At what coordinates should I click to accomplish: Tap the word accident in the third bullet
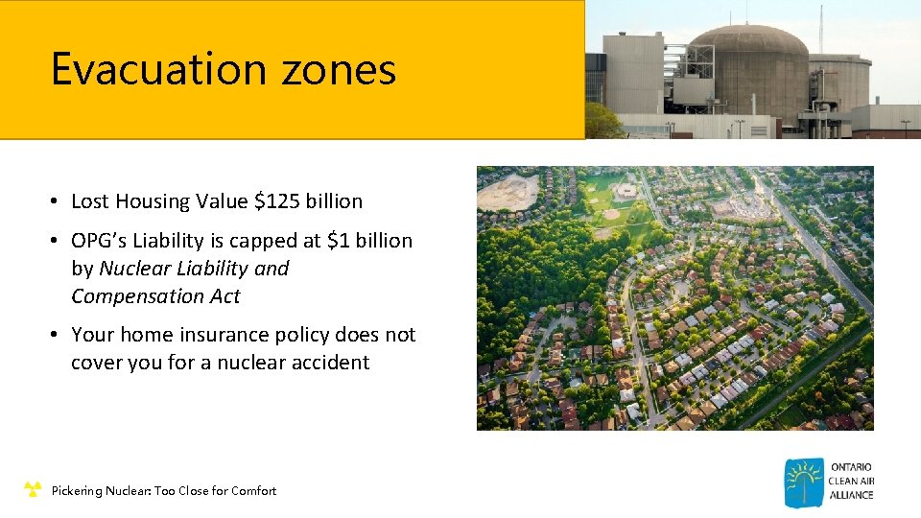(x=330, y=363)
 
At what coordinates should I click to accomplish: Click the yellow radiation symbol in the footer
(x=33, y=490)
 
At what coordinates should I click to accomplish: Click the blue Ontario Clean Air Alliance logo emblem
(x=803, y=483)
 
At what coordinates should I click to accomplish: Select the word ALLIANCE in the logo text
(x=850, y=495)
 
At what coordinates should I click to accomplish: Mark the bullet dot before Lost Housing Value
(x=58, y=201)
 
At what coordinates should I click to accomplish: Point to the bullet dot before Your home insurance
(x=58, y=335)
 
